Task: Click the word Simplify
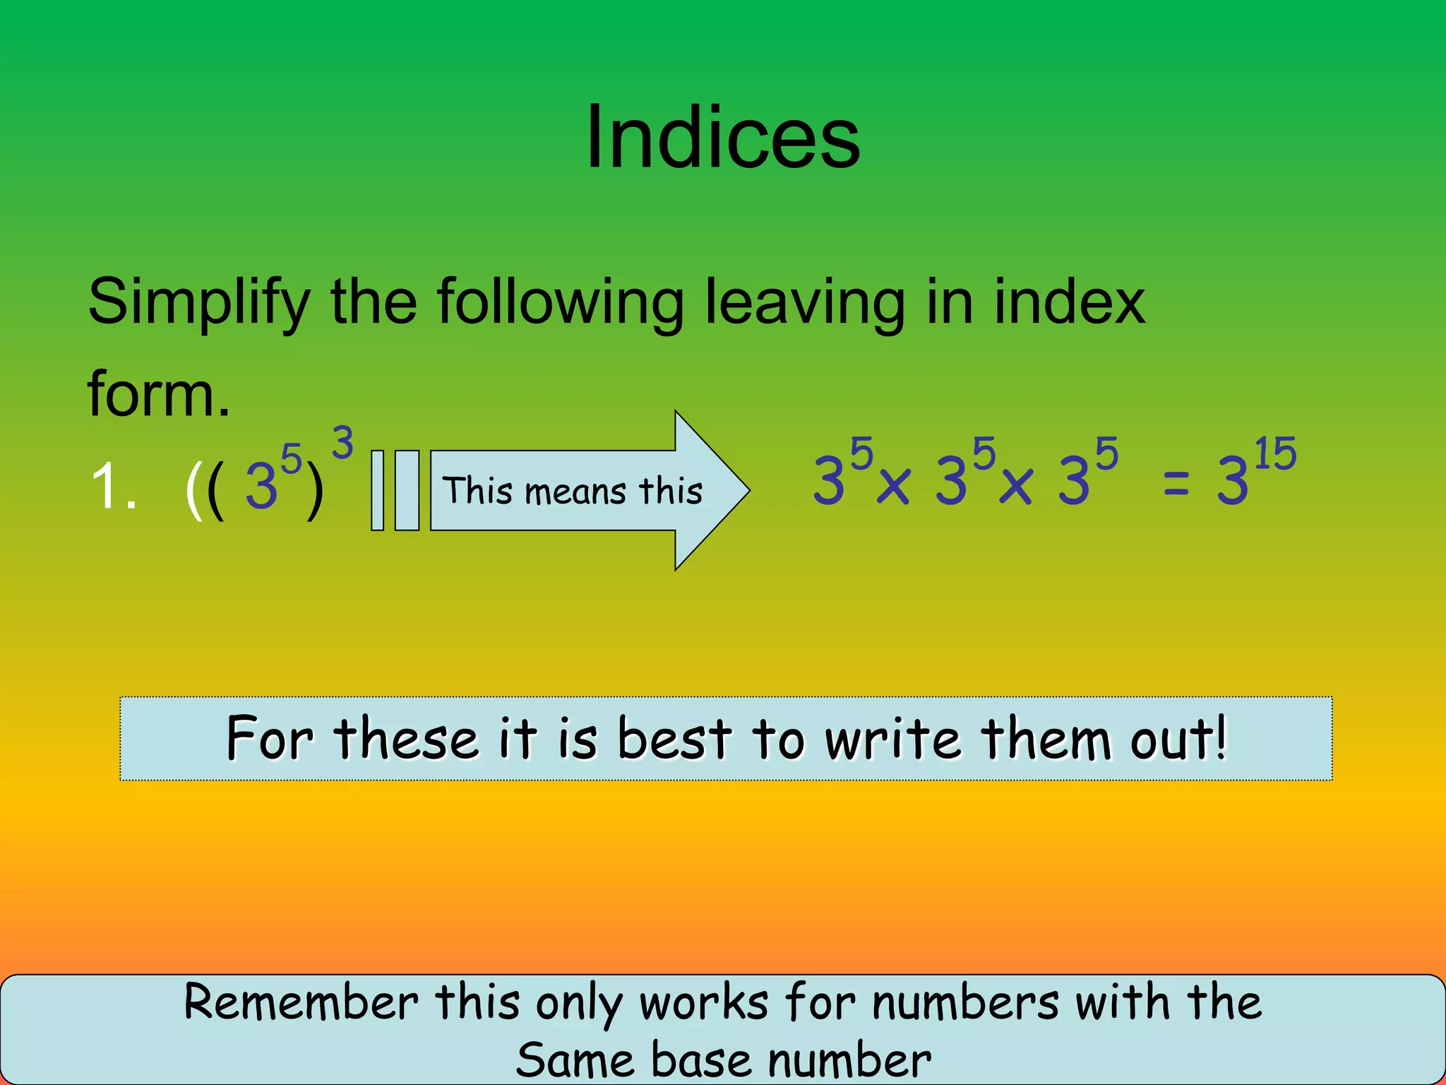[x=199, y=302]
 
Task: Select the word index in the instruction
[x=1069, y=302]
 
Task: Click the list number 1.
[x=113, y=486]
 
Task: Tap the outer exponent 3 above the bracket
[x=342, y=443]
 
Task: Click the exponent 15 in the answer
[x=1275, y=453]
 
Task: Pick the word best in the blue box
[x=674, y=739]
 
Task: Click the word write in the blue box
[x=893, y=739]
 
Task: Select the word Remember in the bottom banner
[x=301, y=1002]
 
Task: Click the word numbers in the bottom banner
[x=965, y=1002]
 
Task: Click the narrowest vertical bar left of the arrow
[x=378, y=490]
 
